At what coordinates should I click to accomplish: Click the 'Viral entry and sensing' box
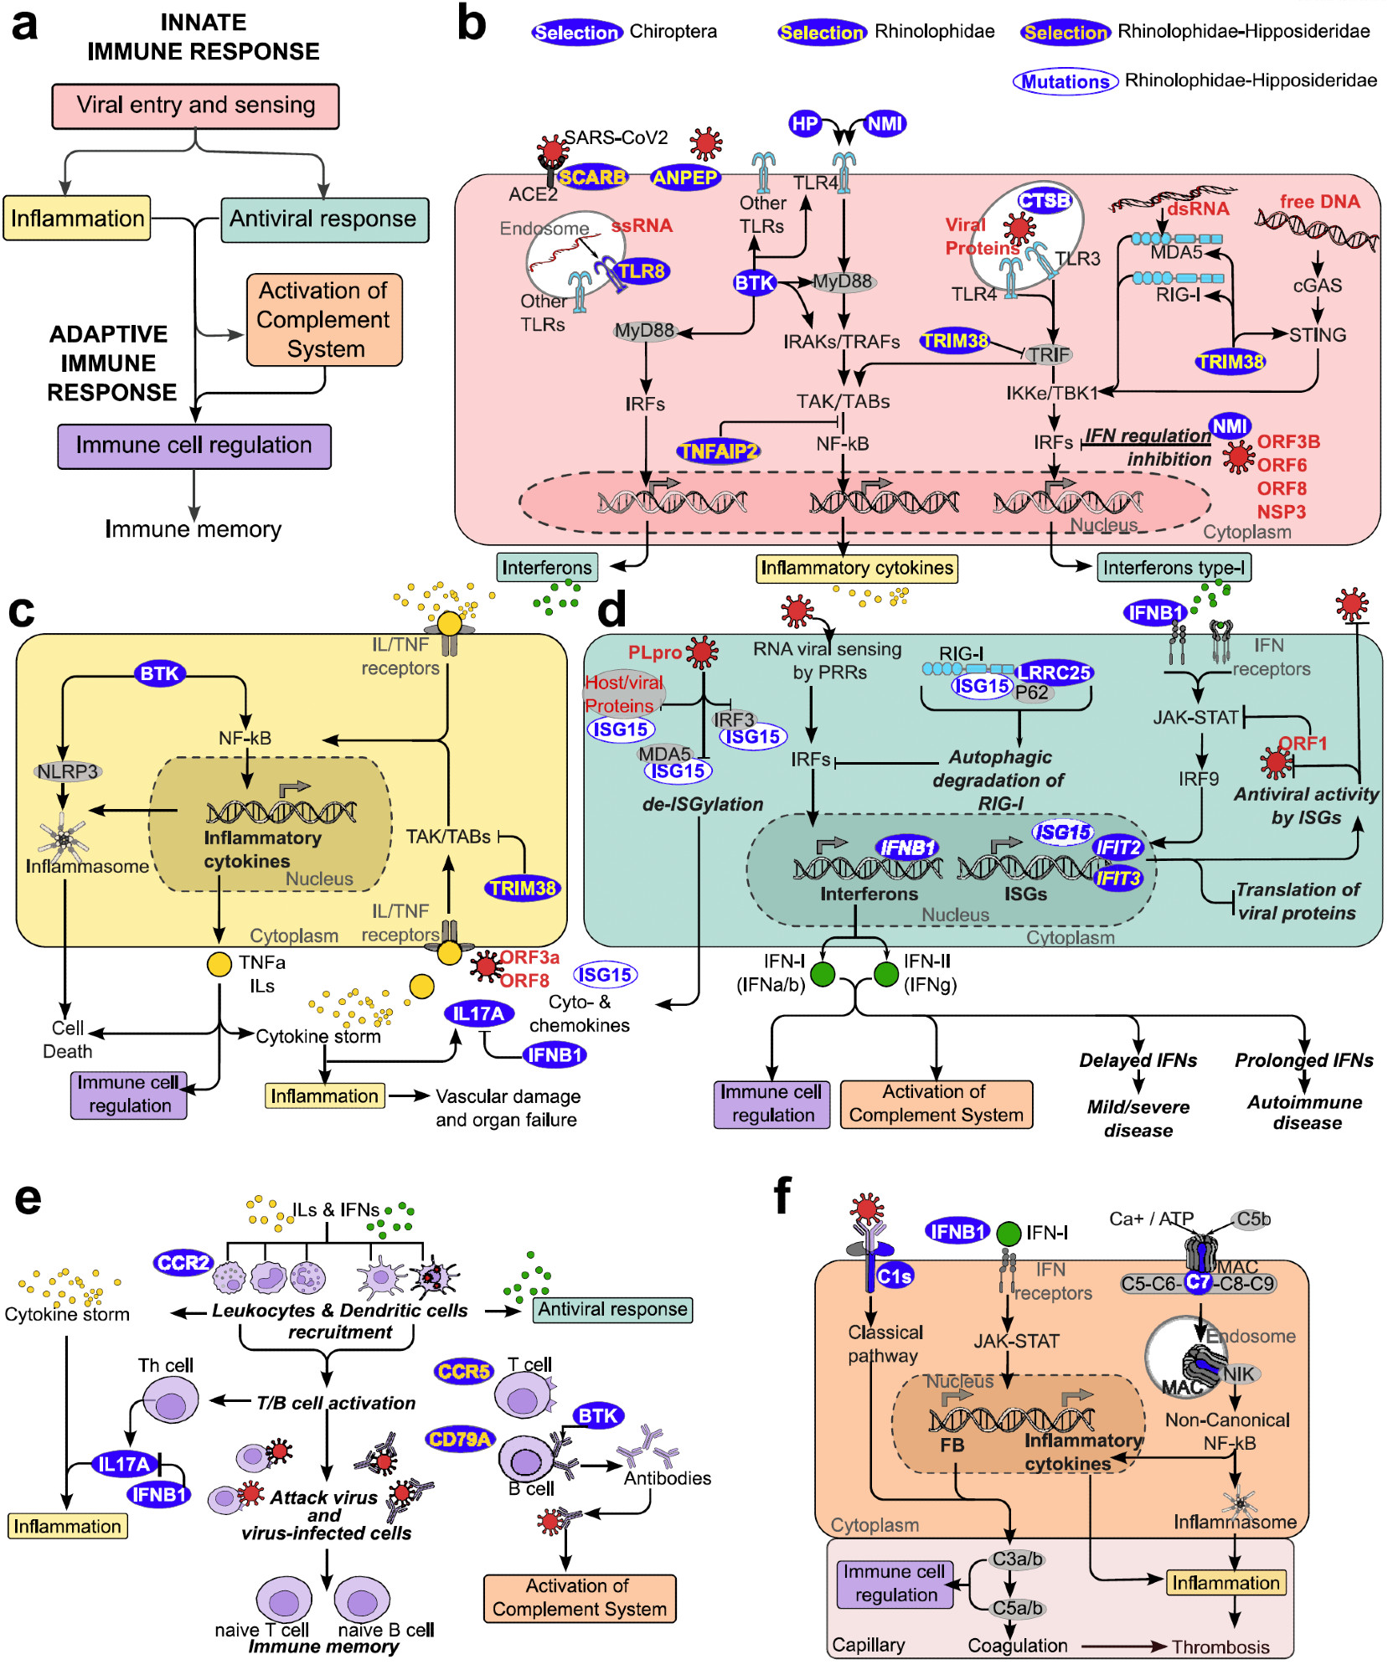(195, 106)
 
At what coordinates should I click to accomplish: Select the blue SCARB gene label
(591, 177)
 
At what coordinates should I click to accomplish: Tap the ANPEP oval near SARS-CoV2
(684, 177)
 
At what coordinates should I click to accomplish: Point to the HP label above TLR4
(804, 124)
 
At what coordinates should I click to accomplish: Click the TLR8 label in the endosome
(641, 271)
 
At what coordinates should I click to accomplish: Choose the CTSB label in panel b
(1045, 200)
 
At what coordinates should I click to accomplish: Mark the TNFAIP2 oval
(718, 451)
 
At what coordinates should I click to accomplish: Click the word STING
(1318, 335)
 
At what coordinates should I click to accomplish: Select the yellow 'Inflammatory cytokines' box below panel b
(856, 568)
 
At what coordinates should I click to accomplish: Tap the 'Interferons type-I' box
(1174, 568)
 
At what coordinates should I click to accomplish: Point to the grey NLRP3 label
(67, 771)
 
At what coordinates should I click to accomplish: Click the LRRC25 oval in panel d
(1054, 672)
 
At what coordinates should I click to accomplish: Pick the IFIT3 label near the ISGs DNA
(1118, 878)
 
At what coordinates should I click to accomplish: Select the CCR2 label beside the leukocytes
(183, 1262)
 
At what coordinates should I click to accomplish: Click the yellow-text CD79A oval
(459, 1439)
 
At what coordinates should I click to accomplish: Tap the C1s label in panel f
(894, 1276)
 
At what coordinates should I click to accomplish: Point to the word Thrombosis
(1220, 1647)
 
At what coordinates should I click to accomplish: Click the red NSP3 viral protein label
(1281, 512)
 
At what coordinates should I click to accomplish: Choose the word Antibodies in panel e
(667, 1478)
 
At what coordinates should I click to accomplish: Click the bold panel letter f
(782, 1196)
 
